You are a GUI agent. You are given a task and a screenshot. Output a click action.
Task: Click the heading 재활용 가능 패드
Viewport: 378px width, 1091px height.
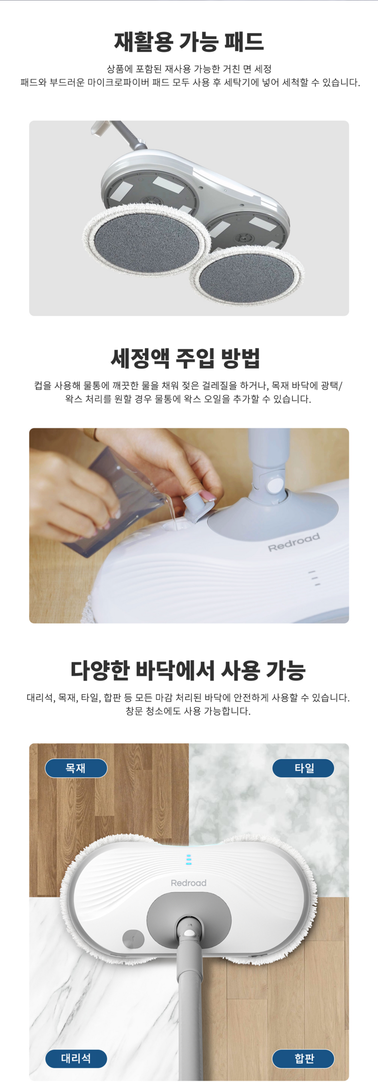tap(189, 42)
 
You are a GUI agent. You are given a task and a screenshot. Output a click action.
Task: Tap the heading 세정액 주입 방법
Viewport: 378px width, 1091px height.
tap(186, 358)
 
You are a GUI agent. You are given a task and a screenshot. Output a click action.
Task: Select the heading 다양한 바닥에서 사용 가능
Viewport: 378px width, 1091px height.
tap(188, 671)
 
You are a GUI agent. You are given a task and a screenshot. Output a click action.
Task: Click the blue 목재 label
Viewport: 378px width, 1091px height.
tap(76, 768)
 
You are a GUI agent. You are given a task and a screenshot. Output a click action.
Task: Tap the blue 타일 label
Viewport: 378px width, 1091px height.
tap(303, 768)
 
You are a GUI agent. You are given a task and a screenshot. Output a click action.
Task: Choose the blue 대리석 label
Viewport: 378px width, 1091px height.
tap(76, 1059)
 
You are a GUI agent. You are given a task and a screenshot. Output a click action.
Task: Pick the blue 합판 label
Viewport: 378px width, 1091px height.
tap(303, 1059)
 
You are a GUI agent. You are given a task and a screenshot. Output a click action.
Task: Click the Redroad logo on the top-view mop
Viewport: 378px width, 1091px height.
tap(189, 883)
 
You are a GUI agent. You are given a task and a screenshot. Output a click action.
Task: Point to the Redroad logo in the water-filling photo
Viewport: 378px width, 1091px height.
tap(294, 542)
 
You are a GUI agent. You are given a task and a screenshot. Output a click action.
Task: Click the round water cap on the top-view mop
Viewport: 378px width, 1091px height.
tap(133, 939)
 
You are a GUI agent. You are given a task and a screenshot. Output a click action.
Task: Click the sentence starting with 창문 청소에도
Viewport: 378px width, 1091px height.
tap(188, 711)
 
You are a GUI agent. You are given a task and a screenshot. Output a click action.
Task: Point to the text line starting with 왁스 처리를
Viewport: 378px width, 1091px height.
tap(188, 399)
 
